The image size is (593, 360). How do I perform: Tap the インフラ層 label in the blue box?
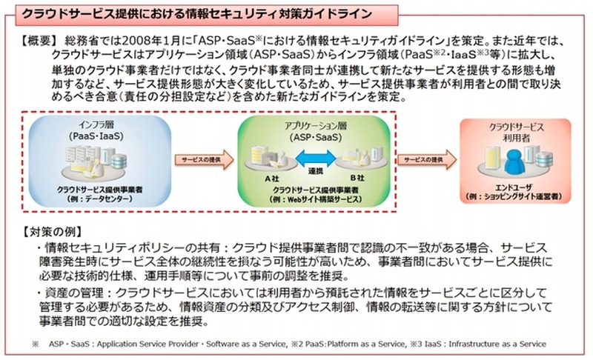click(94, 123)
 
